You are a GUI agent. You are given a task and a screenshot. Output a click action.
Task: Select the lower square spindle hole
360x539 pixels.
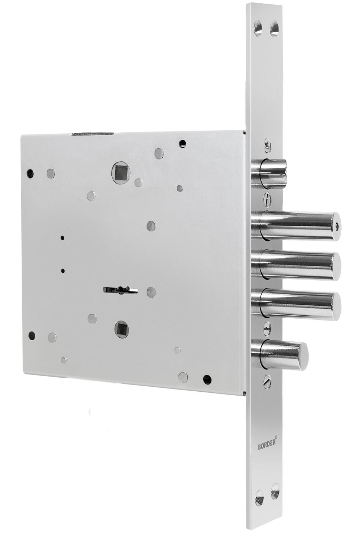121,329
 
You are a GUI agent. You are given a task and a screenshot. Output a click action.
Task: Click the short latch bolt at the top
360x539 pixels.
269,173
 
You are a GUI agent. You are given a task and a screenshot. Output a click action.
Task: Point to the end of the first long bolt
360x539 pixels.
338,226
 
